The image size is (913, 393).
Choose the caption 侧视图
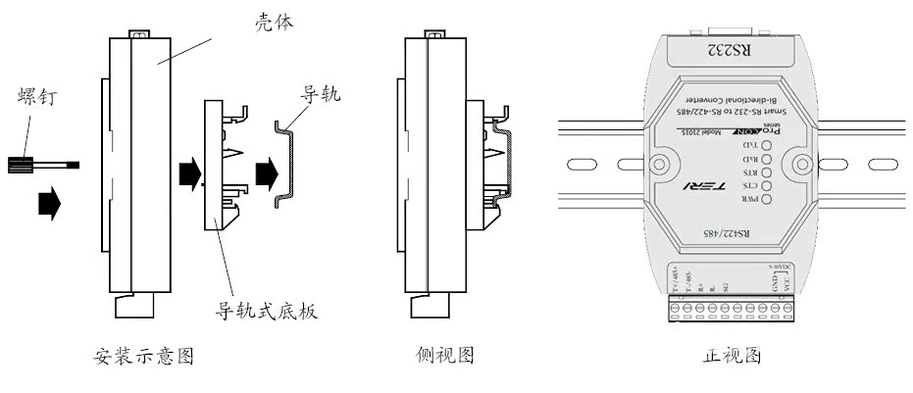tap(444, 356)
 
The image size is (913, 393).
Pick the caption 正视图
tap(733, 356)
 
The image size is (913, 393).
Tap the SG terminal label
tap(725, 286)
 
